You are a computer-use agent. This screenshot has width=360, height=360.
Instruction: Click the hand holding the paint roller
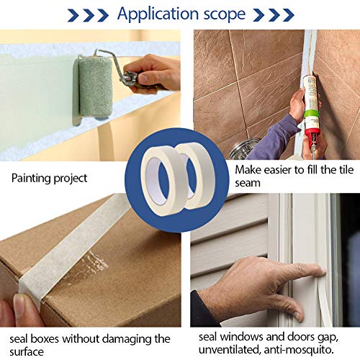[x=156, y=72]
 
